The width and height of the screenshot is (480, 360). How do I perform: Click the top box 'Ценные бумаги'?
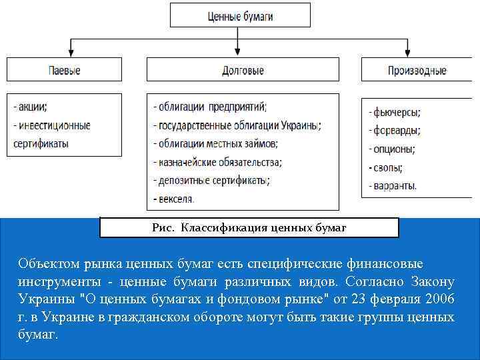point(240,15)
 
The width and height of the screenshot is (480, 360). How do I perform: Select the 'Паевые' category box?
point(65,70)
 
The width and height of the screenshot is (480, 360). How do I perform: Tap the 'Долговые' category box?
point(243,70)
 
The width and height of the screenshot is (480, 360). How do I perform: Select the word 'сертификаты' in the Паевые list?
point(41,143)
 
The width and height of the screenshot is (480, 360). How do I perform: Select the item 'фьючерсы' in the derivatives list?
point(394,113)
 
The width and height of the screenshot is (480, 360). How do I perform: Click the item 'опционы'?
point(392,149)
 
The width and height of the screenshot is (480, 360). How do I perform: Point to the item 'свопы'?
point(386,168)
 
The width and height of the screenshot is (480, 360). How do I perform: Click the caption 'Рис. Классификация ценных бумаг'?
point(249,228)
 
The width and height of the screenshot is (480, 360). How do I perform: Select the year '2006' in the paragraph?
point(438,298)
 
